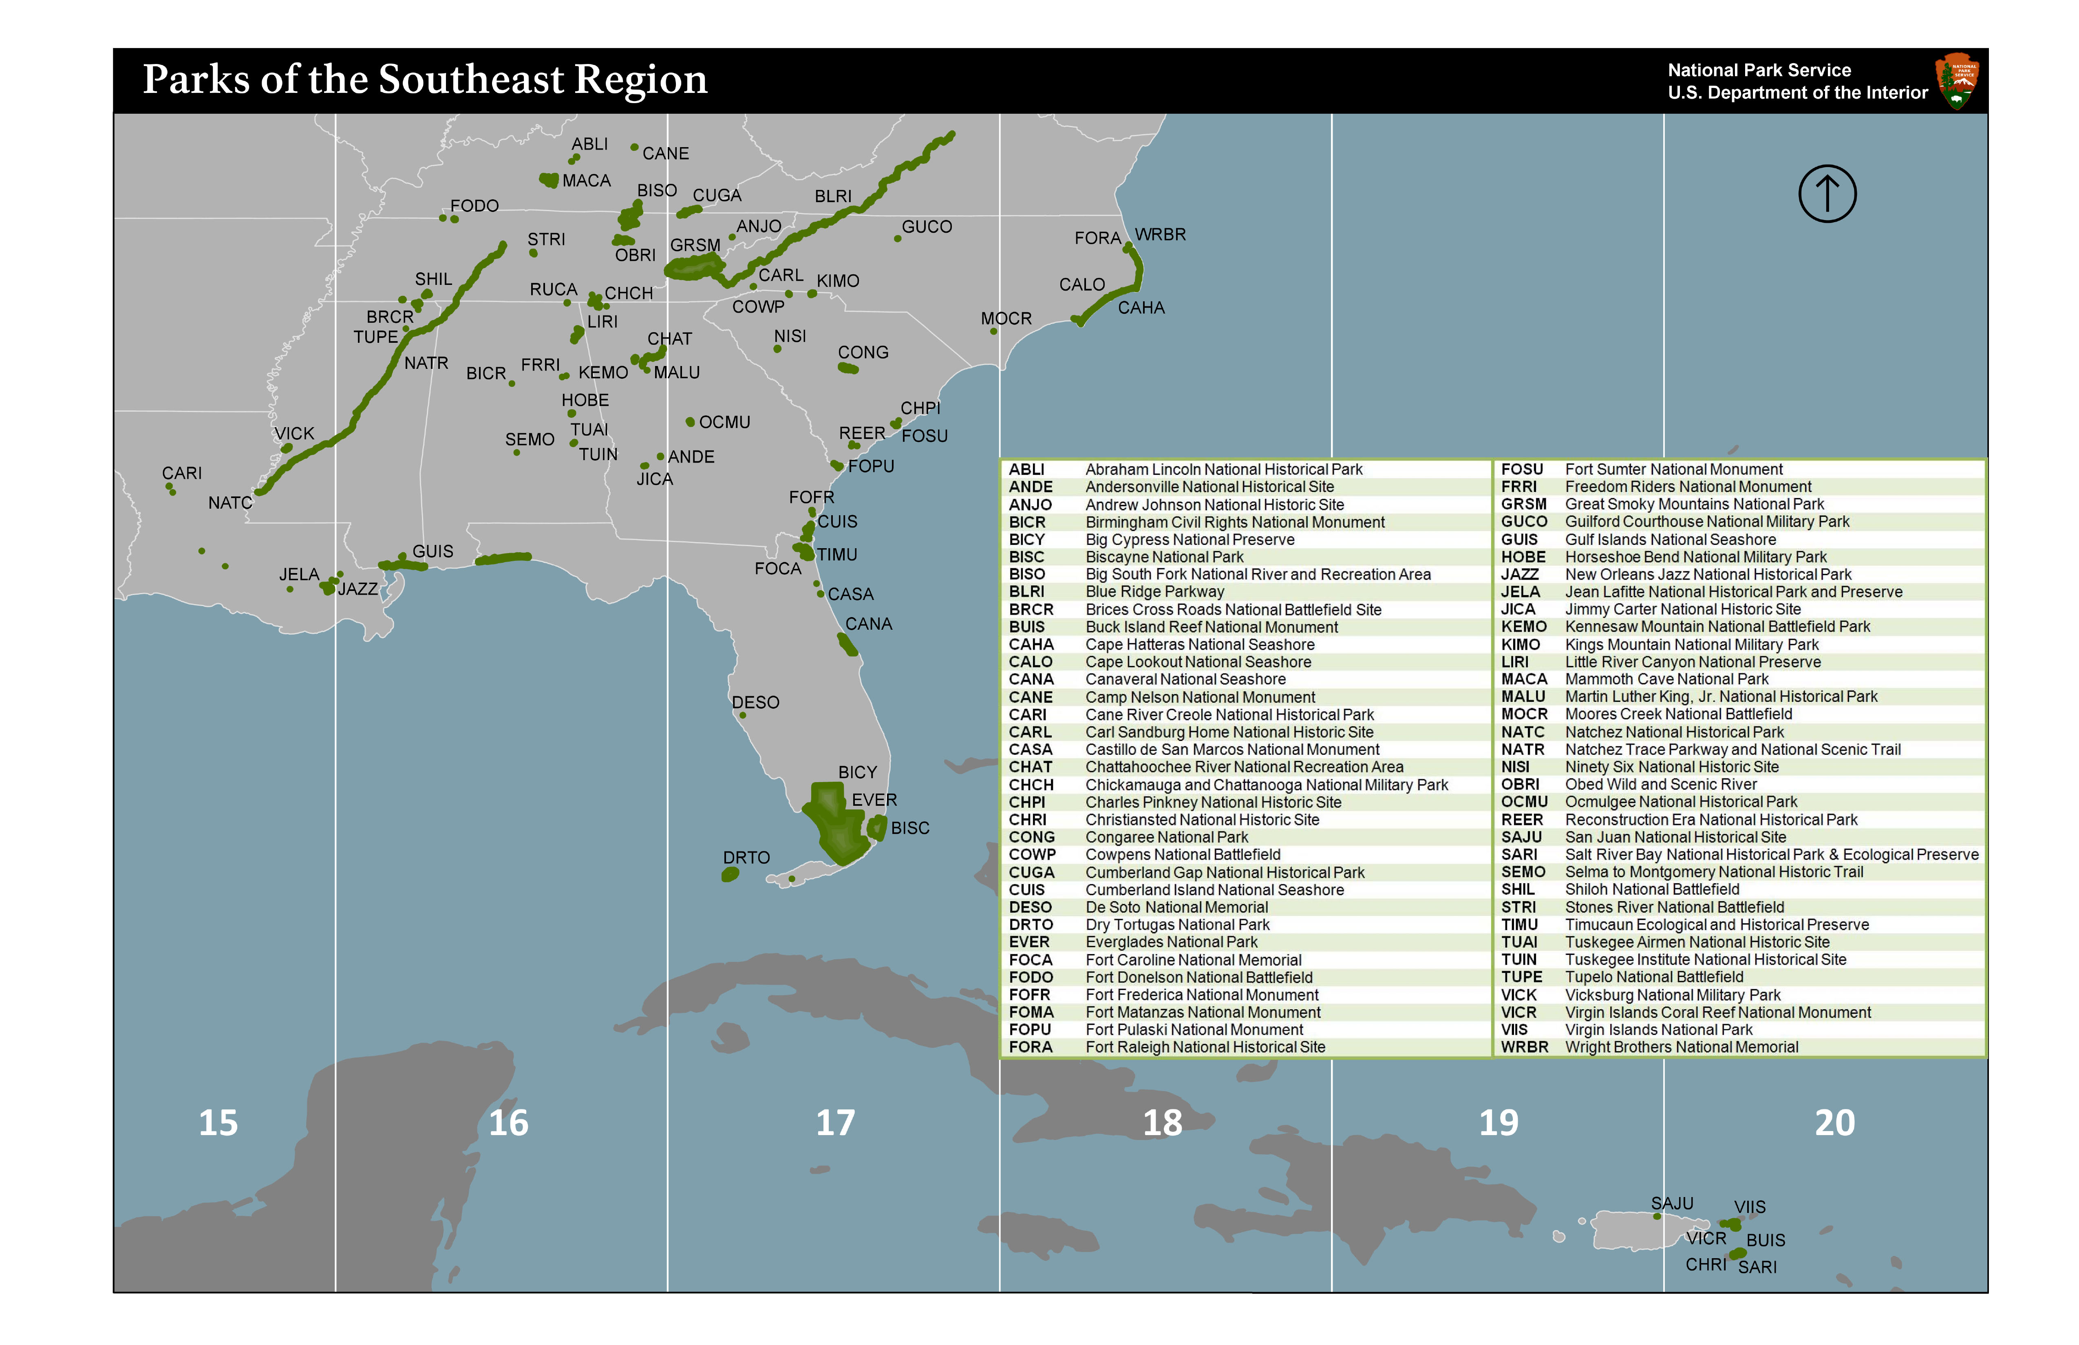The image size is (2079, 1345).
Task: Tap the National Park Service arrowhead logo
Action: pyautogui.click(x=1957, y=80)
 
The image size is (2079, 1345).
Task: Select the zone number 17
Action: pyautogui.click(x=835, y=1122)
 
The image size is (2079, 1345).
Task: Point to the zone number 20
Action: pyautogui.click(x=1834, y=1122)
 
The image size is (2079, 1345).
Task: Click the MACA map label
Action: pyautogui.click(x=586, y=181)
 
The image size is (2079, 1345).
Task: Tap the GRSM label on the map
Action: pyautogui.click(x=695, y=245)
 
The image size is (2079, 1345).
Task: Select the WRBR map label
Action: pyautogui.click(x=1160, y=235)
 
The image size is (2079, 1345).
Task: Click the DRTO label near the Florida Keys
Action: pyautogui.click(x=746, y=858)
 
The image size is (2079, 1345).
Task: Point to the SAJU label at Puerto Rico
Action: pyautogui.click(x=1672, y=1204)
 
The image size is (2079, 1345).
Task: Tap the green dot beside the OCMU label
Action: pyautogui.click(x=690, y=422)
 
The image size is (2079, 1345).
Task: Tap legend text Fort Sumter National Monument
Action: pyautogui.click(x=1674, y=469)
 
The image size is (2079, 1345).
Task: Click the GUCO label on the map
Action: pyautogui.click(x=927, y=227)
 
